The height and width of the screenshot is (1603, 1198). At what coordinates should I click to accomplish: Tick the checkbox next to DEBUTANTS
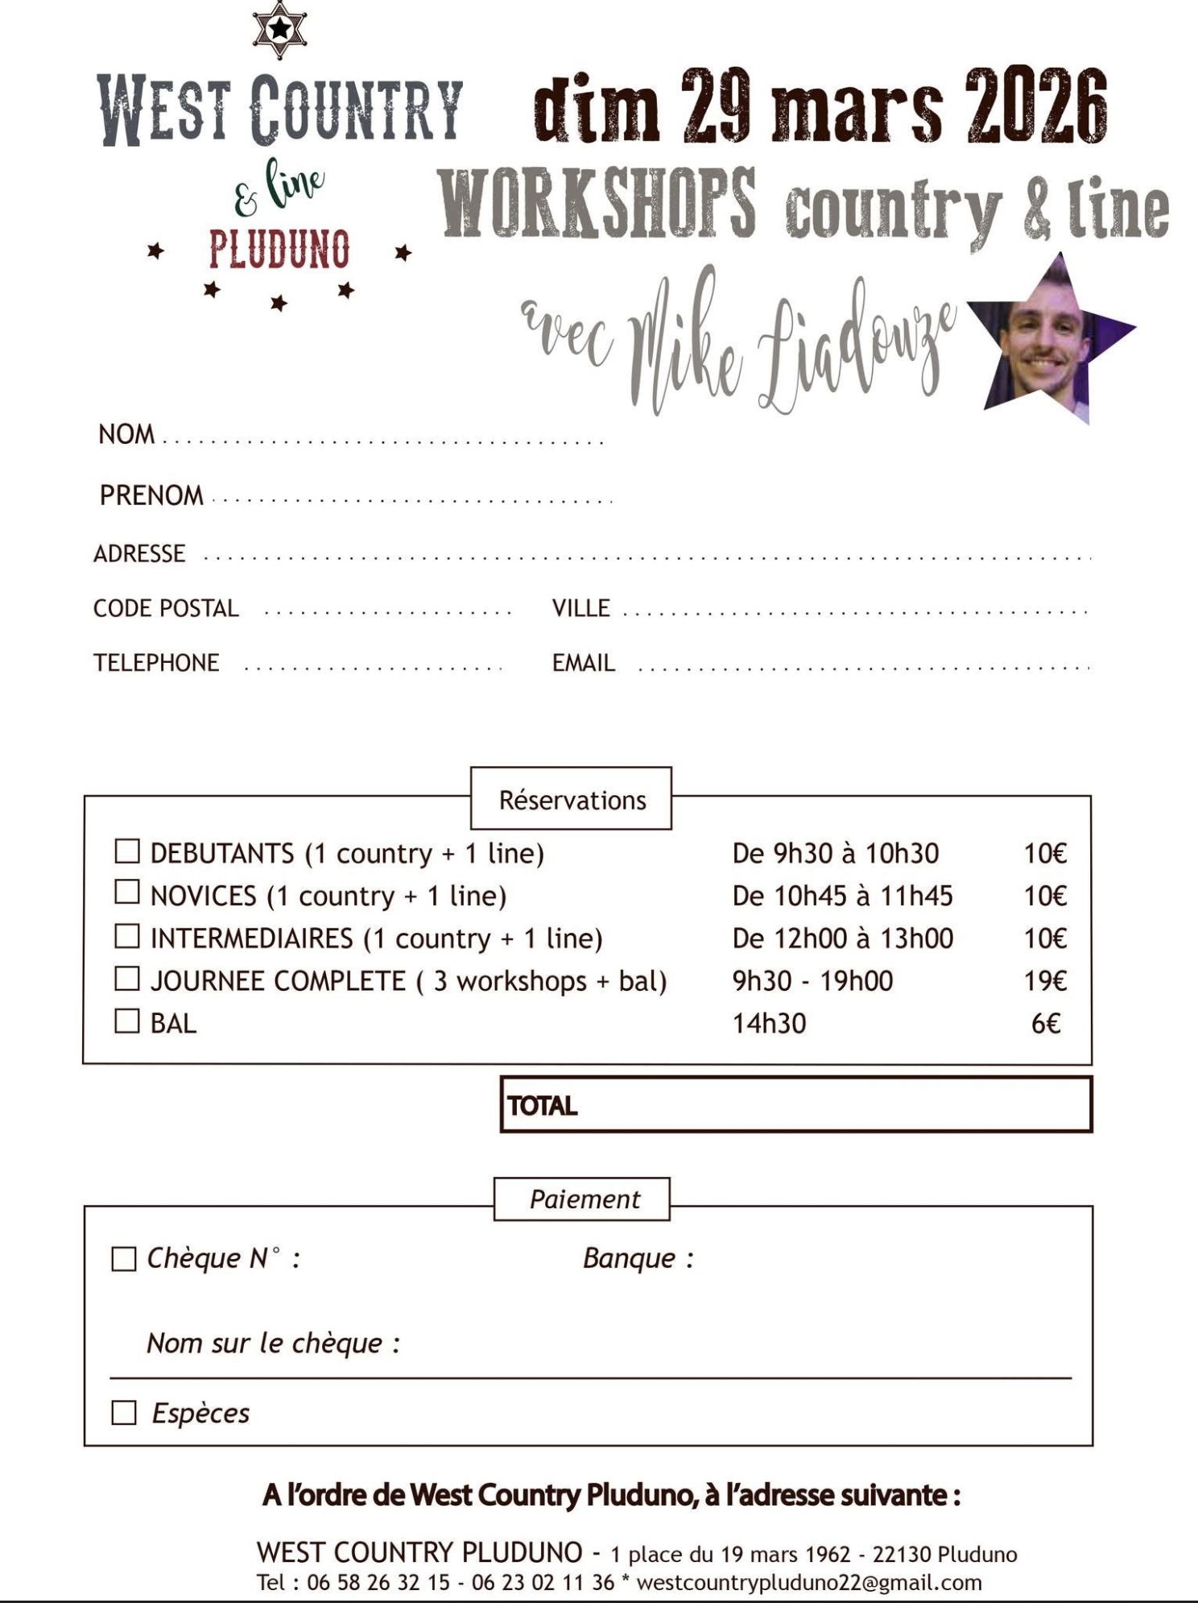click(x=127, y=851)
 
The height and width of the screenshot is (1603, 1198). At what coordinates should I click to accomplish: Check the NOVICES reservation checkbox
click(x=127, y=893)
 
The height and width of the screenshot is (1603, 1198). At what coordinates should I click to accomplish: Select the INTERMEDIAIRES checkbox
click(x=127, y=936)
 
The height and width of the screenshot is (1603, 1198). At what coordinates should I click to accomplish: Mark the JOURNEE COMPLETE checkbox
click(x=127, y=979)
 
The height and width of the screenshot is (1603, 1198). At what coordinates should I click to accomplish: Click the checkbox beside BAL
click(x=127, y=1021)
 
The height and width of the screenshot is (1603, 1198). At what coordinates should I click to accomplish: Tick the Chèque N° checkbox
click(x=123, y=1260)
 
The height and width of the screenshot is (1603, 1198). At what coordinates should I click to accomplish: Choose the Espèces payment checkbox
click(x=123, y=1413)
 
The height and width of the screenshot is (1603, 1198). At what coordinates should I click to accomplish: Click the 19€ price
click(x=1045, y=981)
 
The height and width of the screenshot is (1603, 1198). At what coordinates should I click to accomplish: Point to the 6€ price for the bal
click(x=1046, y=1024)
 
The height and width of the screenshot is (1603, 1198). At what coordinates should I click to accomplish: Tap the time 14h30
click(x=769, y=1024)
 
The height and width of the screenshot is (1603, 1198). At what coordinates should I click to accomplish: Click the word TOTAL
click(x=542, y=1106)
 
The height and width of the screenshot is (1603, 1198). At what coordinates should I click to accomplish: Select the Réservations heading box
click(x=572, y=800)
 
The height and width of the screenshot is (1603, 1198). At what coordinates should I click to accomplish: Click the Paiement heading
click(x=584, y=1199)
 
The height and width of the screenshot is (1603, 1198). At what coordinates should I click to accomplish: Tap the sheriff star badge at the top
click(x=279, y=31)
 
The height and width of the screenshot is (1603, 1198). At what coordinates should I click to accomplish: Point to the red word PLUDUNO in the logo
click(x=279, y=250)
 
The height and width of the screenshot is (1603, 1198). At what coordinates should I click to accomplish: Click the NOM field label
click(x=126, y=435)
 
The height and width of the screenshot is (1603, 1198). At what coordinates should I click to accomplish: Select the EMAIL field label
click(x=583, y=663)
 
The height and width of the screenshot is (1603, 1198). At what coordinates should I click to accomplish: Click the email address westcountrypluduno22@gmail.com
click(x=809, y=1583)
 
